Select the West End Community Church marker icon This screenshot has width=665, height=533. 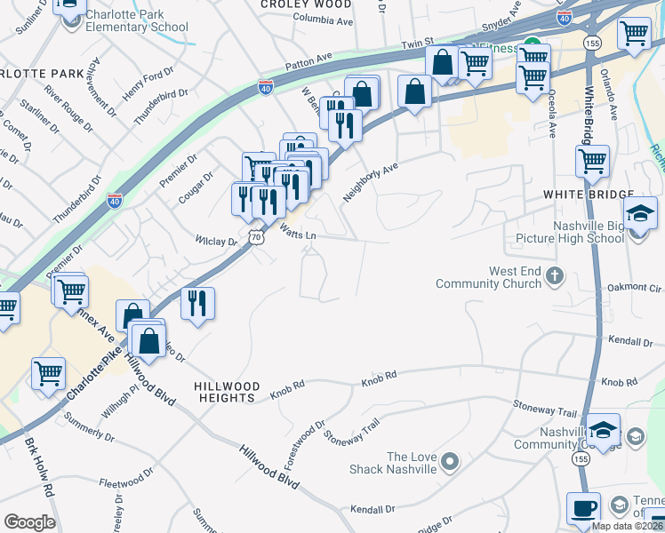coord(555,274)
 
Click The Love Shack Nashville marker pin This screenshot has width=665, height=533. coord(450,460)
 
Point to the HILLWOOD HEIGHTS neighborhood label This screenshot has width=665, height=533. coord(227,392)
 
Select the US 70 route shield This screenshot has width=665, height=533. coord(256,238)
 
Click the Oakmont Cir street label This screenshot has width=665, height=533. coord(635,288)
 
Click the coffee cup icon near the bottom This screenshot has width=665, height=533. coord(583,509)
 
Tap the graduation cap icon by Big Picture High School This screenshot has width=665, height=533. coord(640,213)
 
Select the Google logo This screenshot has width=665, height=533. coord(28,521)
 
